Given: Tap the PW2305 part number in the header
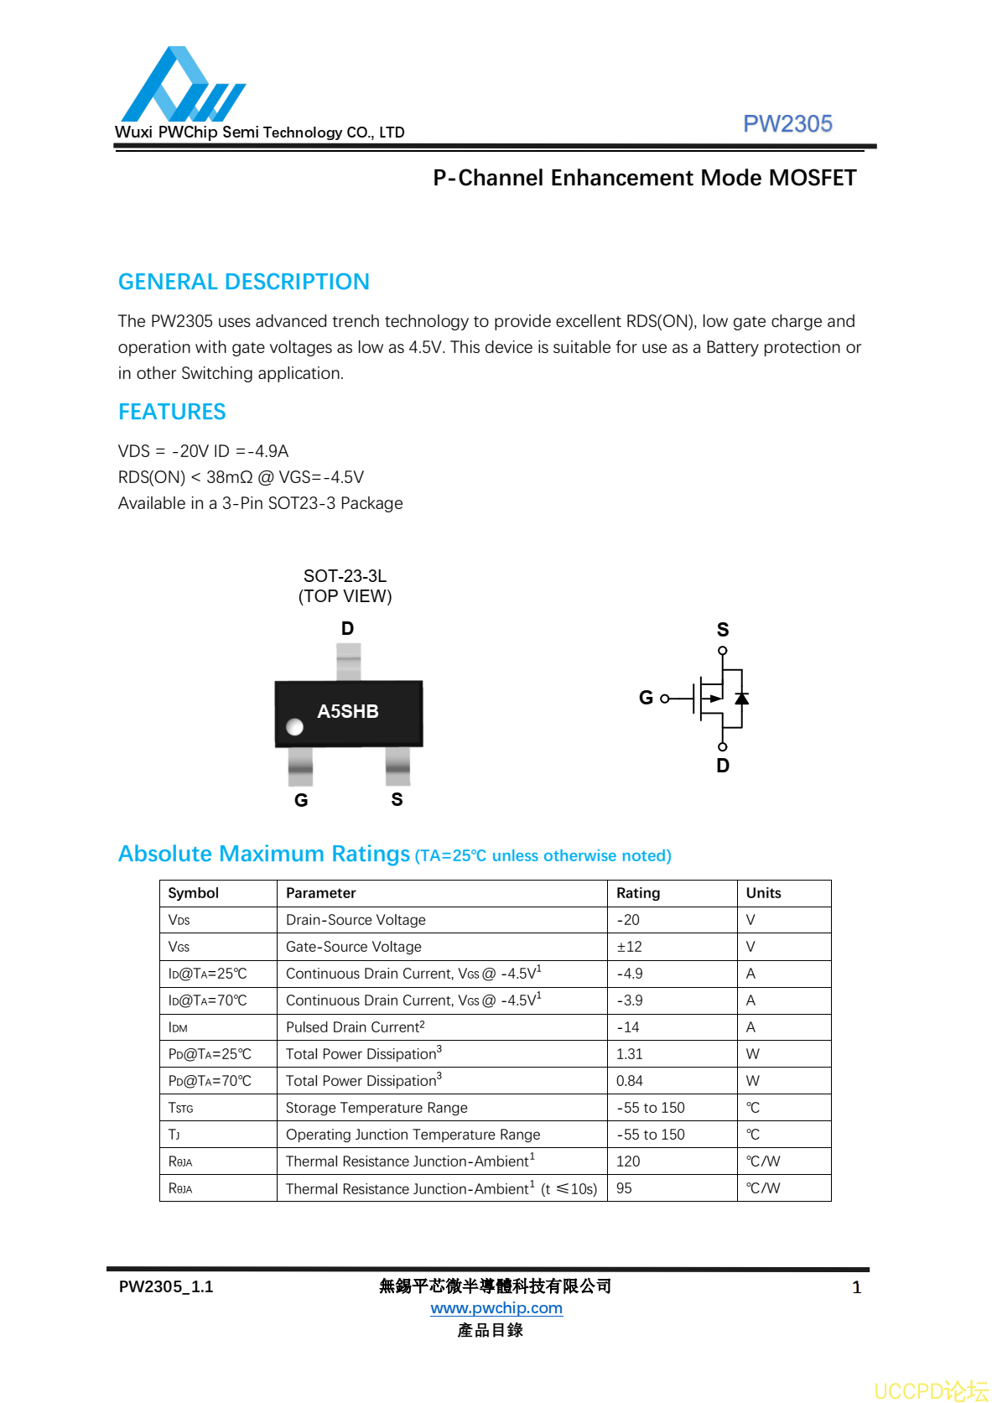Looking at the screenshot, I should [x=787, y=124].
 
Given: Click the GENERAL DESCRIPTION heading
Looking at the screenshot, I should [x=243, y=282].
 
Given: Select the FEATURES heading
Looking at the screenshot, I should [x=172, y=412].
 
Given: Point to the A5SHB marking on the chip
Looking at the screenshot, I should [x=348, y=711].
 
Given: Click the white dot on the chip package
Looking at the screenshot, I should [x=294, y=727].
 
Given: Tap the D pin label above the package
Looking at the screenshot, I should [x=347, y=628].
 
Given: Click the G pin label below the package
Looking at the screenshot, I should [x=301, y=800].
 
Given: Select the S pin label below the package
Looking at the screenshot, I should [x=397, y=800].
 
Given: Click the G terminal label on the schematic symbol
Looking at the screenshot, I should [x=646, y=698].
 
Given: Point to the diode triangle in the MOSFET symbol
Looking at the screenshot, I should [x=741, y=698].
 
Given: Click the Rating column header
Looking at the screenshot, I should [x=638, y=893].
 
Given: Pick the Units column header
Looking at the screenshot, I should [x=763, y=893].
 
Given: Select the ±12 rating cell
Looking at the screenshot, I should [x=629, y=947].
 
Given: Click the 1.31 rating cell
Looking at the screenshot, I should [x=629, y=1054].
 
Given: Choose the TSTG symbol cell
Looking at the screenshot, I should [x=180, y=1108].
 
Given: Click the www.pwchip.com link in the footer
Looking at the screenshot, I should [x=496, y=1308].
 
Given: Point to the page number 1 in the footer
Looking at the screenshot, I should [x=856, y=1287].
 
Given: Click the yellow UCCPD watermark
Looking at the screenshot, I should [x=931, y=1390].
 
